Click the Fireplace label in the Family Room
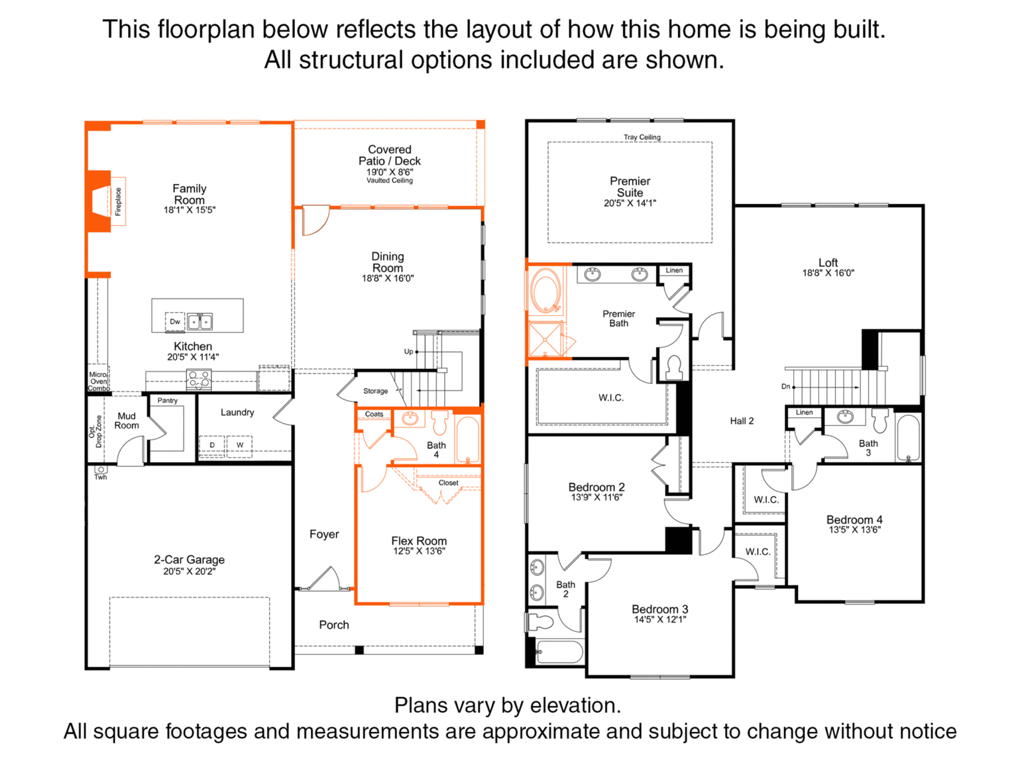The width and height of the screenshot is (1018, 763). [118, 201]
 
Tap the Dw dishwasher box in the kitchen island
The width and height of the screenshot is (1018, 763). [175, 321]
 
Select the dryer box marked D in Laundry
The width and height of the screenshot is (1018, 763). [212, 446]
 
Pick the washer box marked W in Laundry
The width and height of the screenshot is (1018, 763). [240, 446]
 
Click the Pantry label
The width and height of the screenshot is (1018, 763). [168, 401]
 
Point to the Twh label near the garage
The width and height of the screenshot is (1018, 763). [101, 477]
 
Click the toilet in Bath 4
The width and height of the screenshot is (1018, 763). [439, 421]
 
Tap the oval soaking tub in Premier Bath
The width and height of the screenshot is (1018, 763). [546, 291]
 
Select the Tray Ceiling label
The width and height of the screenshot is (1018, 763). [642, 137]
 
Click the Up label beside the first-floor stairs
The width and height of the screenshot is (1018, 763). [408, 352]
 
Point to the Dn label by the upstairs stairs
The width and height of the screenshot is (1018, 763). [785, 386]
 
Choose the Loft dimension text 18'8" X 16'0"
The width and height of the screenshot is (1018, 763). [828, 274]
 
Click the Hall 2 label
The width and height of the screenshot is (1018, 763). [742, 421]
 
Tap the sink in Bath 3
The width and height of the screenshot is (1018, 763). [845, 417]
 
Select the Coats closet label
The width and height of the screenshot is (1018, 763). [374, 414]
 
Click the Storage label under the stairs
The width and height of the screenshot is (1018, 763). [376, 391]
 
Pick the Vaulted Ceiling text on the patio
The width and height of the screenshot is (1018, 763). [390, 181]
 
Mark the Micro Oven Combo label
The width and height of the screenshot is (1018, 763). [98, 381]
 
